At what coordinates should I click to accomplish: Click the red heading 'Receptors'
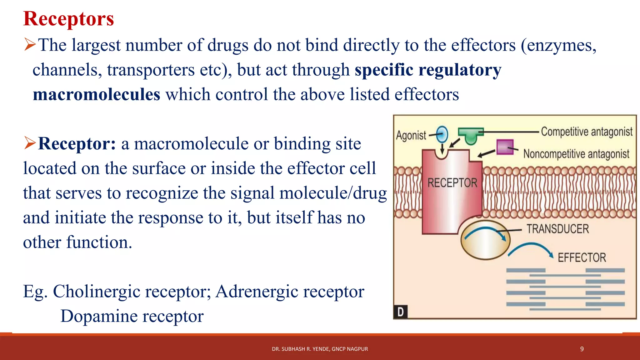click(x=68, y=19)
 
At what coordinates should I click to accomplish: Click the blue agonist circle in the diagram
click(x=442, y=134)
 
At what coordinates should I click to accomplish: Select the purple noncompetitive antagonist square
click(x=505, y=147)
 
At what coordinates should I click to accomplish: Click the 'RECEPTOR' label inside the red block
click(x=452, y=183)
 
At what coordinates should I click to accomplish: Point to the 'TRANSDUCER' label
click(x=557, y=229)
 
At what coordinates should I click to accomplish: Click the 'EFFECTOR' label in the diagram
click(x=582, y=258)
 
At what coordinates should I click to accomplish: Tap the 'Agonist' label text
click(x=411, y=135)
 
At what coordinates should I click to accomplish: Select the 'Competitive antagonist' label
click(x=587, y=132)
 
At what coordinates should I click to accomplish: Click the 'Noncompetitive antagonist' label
click(x=576, y=154)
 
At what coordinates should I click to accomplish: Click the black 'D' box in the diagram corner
click(x=400, y=312)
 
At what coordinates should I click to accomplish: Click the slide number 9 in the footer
click(x=582, y=349)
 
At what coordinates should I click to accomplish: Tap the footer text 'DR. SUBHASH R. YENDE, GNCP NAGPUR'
click(x=320, y=349)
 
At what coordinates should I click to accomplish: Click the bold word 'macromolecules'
click(x=97, y=94)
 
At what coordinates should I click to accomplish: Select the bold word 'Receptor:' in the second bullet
click(x=77, y=144)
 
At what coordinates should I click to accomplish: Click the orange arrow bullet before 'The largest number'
click(x=30, y=45)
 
